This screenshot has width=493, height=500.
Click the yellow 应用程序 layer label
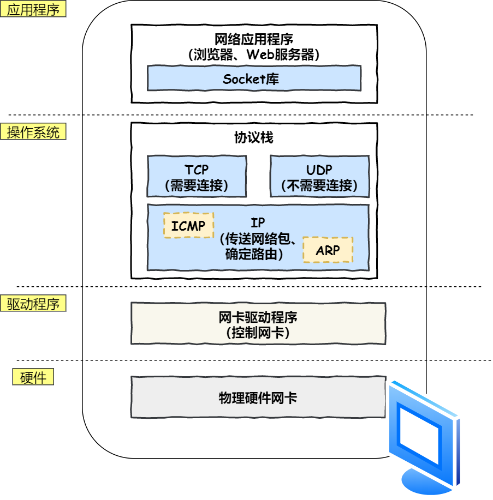click(33, 10)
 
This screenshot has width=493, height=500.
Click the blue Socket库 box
click(254, 79)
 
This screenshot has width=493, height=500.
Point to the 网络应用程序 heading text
click(254, 40)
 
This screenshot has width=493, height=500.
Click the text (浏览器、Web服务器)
click(254, 55)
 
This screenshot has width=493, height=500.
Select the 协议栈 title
click(254, 137)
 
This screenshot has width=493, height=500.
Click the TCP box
click(197, 176)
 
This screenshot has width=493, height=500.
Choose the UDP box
click(319, 176)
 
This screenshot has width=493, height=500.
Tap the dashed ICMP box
click(188, 226)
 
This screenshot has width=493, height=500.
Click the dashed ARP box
click(328, 250)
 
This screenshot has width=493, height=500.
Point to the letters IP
click(258, 224)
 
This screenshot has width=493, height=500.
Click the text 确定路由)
click(254, 254)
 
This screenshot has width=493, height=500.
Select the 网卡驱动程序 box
click(258, 323)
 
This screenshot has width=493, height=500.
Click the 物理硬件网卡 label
click(258, 397)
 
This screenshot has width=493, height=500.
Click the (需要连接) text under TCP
click(197, 186)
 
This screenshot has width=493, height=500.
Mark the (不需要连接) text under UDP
click(319, 186)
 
